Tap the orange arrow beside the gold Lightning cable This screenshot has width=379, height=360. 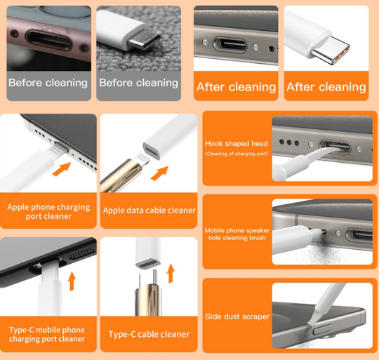(159, 173)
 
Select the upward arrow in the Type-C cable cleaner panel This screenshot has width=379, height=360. (171, 273)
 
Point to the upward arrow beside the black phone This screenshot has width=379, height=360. (72, 281)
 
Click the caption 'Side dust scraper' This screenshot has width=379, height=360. (237, 316)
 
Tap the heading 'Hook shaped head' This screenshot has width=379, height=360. (237, 144)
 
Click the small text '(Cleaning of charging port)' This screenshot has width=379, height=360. (237, 154)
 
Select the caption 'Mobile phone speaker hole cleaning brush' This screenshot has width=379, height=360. (237, 234)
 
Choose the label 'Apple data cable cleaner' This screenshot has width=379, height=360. (149, 211)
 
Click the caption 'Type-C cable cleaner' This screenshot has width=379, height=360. (149, 334)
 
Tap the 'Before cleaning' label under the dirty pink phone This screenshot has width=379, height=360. (48, 83)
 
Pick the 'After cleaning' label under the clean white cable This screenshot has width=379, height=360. (326, 87)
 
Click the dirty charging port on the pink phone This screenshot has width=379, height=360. (49, 40)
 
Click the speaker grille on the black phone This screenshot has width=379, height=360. (81, 253)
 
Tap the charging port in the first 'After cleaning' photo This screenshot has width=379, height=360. (230, 45)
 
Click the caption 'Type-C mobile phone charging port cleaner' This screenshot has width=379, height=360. (47, 334)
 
